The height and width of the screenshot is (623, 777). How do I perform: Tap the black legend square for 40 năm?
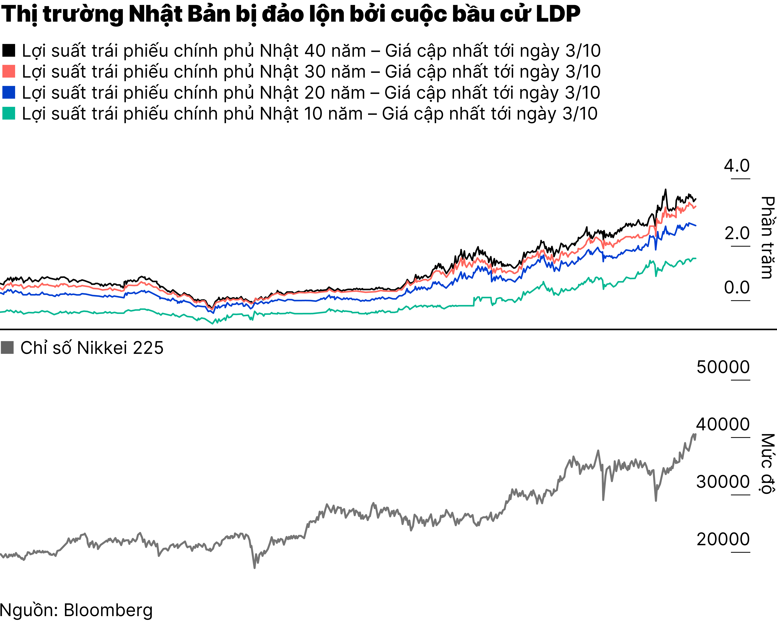pos(9,51)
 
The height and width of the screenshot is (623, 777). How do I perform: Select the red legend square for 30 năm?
pos(9,71)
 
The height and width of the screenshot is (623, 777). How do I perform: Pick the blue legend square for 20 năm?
pos(9,92)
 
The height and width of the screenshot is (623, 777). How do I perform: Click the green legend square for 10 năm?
pos(9,113)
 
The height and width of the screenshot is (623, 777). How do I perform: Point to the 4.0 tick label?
pos(737,166)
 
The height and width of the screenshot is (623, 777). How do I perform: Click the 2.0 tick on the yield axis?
pos(737,234)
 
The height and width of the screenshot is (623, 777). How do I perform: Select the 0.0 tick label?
pos(737,288)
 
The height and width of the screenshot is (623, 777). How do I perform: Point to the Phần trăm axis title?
pos(768,238)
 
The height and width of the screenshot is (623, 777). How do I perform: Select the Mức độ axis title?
pos(768,463)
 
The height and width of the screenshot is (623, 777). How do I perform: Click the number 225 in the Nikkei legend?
pos(148,348)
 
